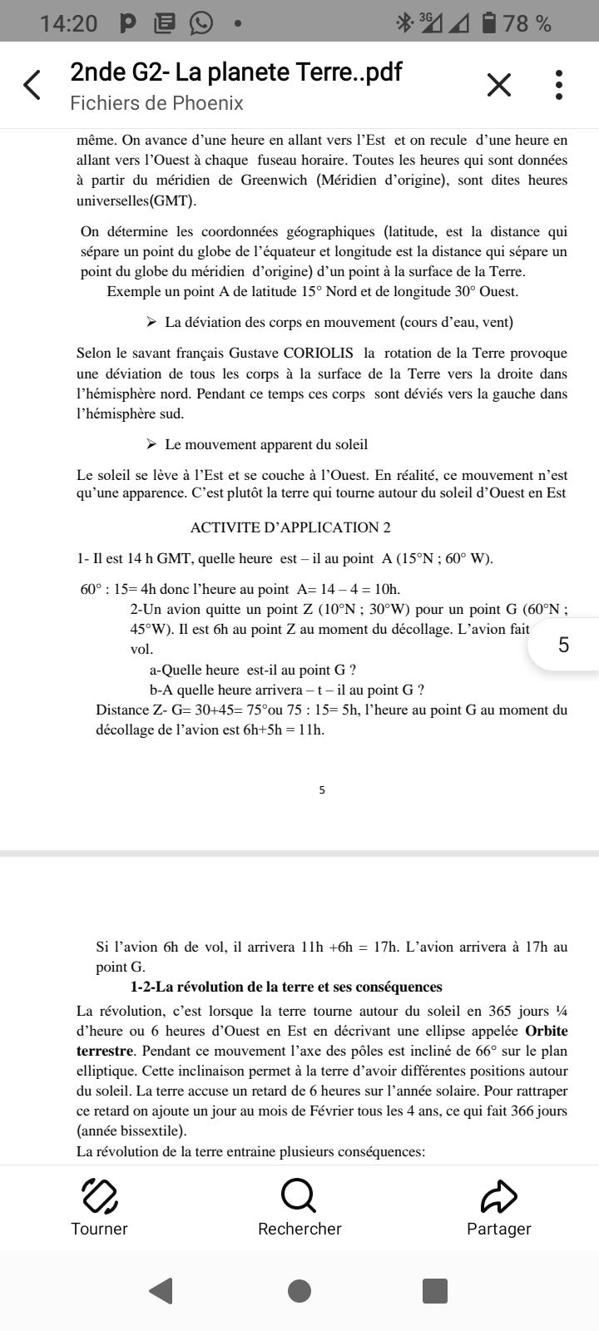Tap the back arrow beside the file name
tap(32, 85)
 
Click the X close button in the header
tap(498, 85)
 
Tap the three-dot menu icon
tap(559, 85)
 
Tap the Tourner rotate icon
tap(99, 1196)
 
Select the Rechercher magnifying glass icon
tap(299, 1196)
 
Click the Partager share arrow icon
tap(499, 1196)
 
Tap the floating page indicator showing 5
tap(563, 645)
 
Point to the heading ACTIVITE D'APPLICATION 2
tap(290, 527)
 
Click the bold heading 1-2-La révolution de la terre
tap(286, 987)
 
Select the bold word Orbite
tap(547, 1031)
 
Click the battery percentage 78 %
tap(527, 23)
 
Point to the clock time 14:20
tap(68, 23)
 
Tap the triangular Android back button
tap(161, 1290)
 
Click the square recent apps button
tap(435, 1290)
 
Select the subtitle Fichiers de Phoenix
tap(156, 103)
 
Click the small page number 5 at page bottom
tap(322, 790)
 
